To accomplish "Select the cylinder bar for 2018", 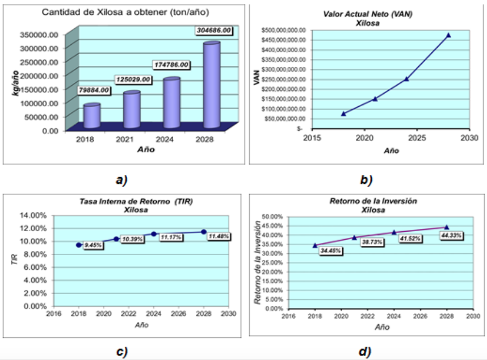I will point(91,116).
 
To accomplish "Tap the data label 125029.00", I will point(134,79).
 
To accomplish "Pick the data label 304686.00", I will point(211,31).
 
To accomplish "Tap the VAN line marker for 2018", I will point(343,114).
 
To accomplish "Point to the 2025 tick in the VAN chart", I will point(417,137).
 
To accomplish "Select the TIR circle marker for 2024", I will point(154,234).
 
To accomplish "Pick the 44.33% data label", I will point(451,235).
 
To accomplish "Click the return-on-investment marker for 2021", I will point(354,237).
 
